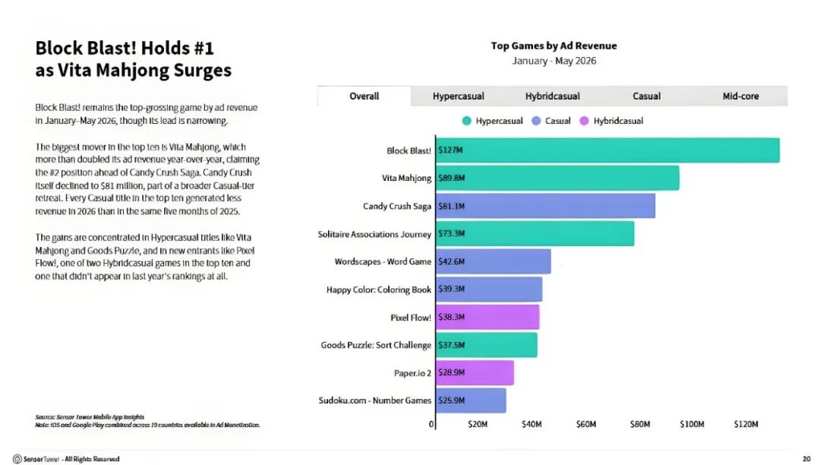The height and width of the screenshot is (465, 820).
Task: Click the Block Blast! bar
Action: (x=607, y=150)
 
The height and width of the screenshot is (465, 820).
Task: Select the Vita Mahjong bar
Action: (x=557, y=178)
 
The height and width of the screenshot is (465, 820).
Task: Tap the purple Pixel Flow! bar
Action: (x=487, y=317)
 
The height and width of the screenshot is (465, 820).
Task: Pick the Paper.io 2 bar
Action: (x=475, y=372)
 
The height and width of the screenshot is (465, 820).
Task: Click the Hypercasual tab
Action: (x=458, y=96)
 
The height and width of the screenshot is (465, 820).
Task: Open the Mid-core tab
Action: (x=740, y=96)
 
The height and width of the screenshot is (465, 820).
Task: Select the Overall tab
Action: (x=364, y=96)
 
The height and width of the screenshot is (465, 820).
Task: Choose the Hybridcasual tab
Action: (x=552, y=96)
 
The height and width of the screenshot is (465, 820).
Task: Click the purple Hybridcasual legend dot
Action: (x=584, y=121)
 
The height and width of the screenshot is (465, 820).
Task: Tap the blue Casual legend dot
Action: (x=536, y=121)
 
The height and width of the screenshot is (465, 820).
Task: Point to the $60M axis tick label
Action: (x=585, y=424)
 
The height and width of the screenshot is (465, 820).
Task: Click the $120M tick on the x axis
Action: (x=746, y=424)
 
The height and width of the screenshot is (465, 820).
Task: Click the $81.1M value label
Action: (x=451, y=206)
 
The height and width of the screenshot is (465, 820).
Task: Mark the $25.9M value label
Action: (x=451, y=400)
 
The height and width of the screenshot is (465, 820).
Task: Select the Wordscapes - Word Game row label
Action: (x=383, y=261)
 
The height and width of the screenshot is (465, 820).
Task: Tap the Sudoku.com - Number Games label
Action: (x=375, y=400)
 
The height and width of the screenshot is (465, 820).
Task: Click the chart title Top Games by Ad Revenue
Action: (x=553, y=46)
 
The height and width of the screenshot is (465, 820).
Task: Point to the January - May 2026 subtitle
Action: (x=553, y=62)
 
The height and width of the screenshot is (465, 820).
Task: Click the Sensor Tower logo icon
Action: (x=17, y=459)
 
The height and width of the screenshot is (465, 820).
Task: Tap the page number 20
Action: (x=806, y=459)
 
